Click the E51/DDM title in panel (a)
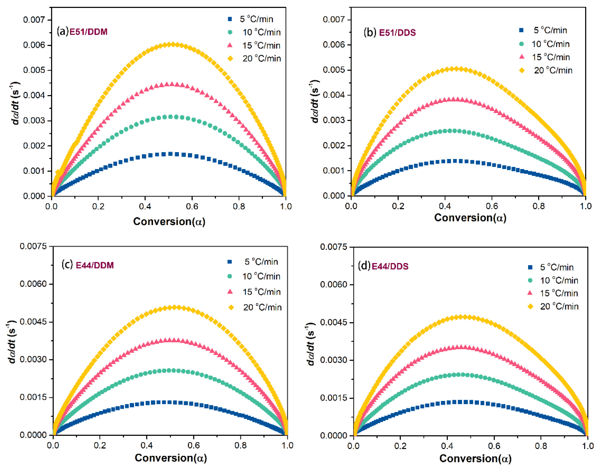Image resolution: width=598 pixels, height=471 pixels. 88,32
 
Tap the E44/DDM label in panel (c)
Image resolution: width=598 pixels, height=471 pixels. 95,265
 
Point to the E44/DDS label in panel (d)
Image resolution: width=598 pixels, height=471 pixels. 390,266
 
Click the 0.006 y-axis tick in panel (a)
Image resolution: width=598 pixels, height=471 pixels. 34,45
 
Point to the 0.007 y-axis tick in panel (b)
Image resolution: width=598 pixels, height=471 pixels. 333,20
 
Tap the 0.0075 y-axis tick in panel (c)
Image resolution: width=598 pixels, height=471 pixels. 33,246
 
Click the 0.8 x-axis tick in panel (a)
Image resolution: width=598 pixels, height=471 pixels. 239,206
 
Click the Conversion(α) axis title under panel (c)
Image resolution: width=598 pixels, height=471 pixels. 170,458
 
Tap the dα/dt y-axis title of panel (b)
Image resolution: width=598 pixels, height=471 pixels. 314,101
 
